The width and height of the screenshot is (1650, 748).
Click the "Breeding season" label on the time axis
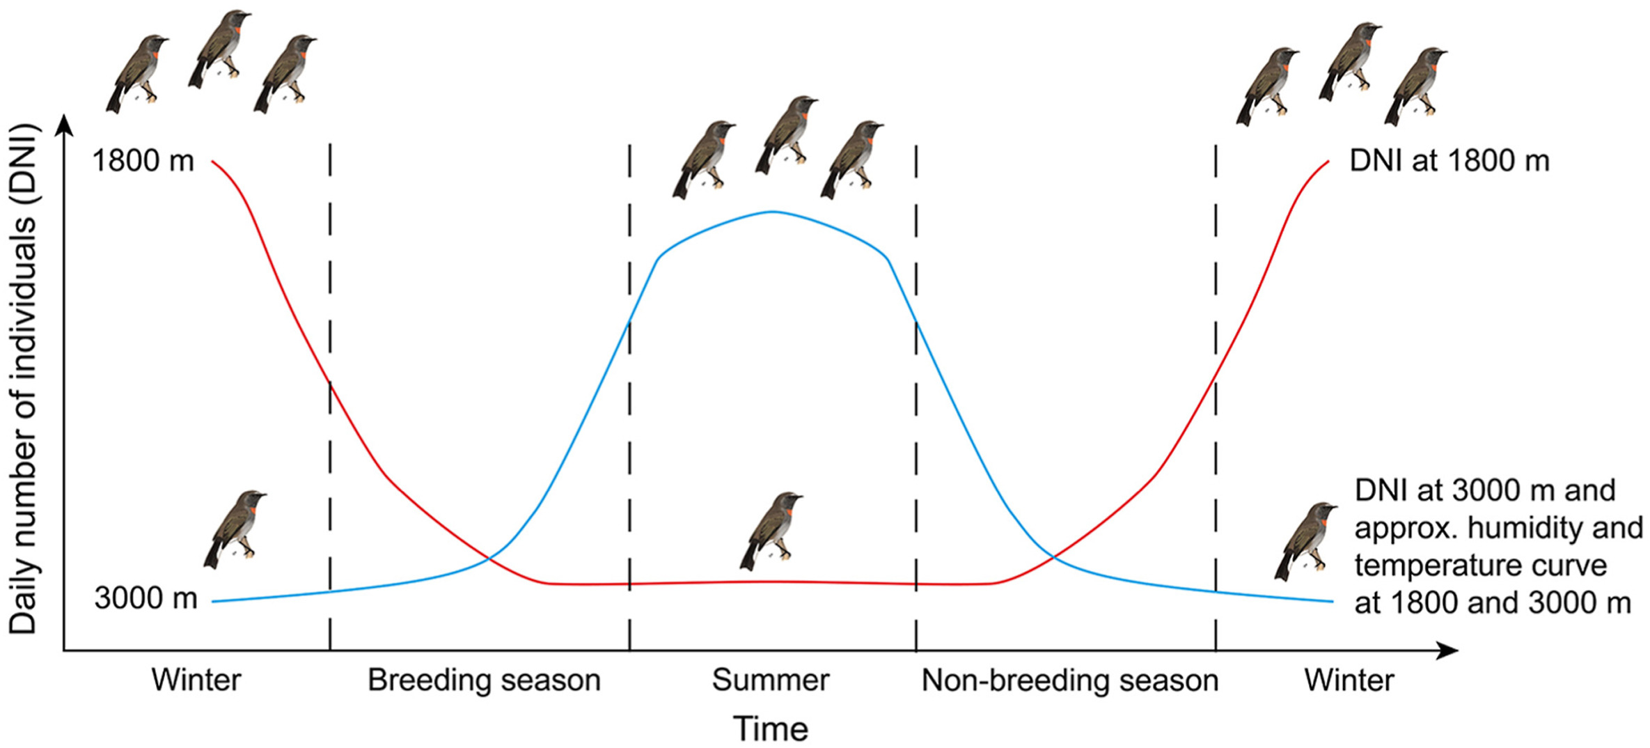484,680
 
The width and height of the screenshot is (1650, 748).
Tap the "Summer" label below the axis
771,680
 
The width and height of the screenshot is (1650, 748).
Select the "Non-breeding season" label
1070,680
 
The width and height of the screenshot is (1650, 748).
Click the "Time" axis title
771,729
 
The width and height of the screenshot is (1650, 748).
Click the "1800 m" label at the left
143,161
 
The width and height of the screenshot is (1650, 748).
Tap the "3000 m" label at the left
146,598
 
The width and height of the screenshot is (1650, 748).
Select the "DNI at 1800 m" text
1449,161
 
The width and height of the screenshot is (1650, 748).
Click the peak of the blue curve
772,211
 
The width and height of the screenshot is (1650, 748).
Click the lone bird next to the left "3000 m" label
235,529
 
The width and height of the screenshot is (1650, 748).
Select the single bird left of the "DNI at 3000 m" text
1306,542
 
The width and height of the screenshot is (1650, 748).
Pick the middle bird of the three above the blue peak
787,135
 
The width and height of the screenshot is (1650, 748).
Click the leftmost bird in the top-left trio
138,74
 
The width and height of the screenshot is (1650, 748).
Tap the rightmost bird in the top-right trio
1416,86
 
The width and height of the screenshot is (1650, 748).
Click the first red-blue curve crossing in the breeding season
489,558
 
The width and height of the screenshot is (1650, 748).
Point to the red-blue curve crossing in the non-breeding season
1053,557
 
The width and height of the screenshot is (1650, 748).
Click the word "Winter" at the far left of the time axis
196,680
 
